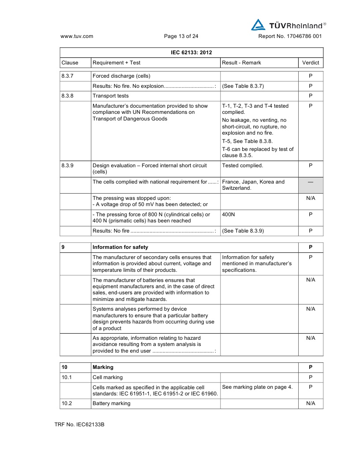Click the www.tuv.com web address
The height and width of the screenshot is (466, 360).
(76, 37)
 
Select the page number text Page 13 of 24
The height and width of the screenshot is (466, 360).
(181, 37)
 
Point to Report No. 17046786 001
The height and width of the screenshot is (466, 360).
(290, 37)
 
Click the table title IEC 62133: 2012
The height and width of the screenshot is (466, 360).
(191, 53)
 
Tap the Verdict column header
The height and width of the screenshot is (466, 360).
(311, 63)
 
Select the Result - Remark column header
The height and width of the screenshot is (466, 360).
(241, 63)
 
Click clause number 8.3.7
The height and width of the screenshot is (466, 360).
(67, 76)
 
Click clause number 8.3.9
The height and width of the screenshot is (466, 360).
(67, 165)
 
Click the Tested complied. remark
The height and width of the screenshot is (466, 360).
(242, 165)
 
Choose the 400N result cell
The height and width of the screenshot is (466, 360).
(229, 214)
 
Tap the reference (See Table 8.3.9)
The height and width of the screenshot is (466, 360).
(243, 231)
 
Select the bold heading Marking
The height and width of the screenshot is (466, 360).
(103, 367)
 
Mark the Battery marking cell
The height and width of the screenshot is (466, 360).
(111, 403)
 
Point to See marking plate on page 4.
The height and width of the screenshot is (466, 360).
(257, 387)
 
